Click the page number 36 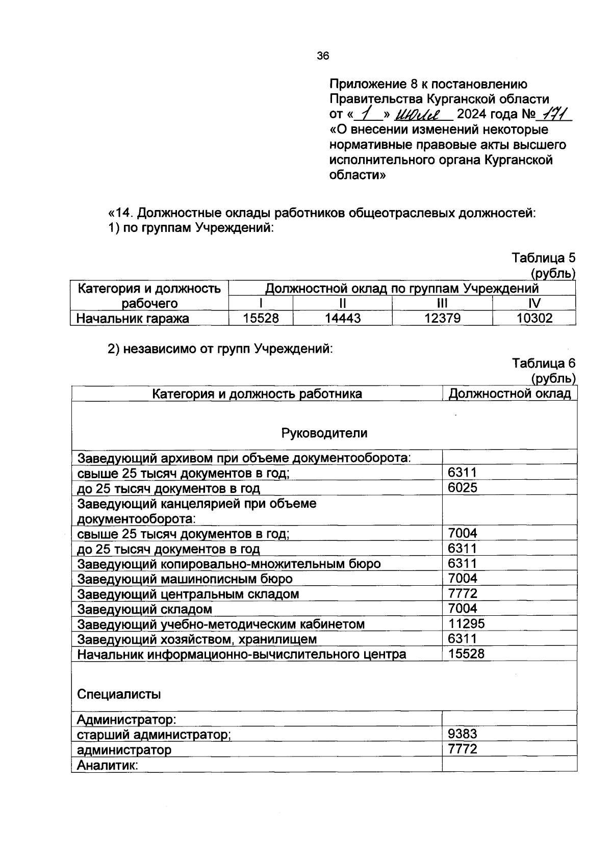point(323,57)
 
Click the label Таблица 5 point(543,258)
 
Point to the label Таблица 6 point(543,363)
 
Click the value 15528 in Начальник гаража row point(261,319)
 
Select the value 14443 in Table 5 point(343,319)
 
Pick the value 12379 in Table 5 point(442,319)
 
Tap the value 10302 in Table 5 point(534,319)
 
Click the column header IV point(534,304)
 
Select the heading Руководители point(324,433)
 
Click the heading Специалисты point(119,694)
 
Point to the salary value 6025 point(463,488)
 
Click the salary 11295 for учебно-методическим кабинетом point(466,624)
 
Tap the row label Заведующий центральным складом point(188,594)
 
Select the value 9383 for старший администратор point(463,734)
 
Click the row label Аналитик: point(108,765)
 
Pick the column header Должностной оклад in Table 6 point(509,394)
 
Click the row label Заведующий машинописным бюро point(185,579)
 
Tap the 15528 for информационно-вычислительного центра point(466,654)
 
